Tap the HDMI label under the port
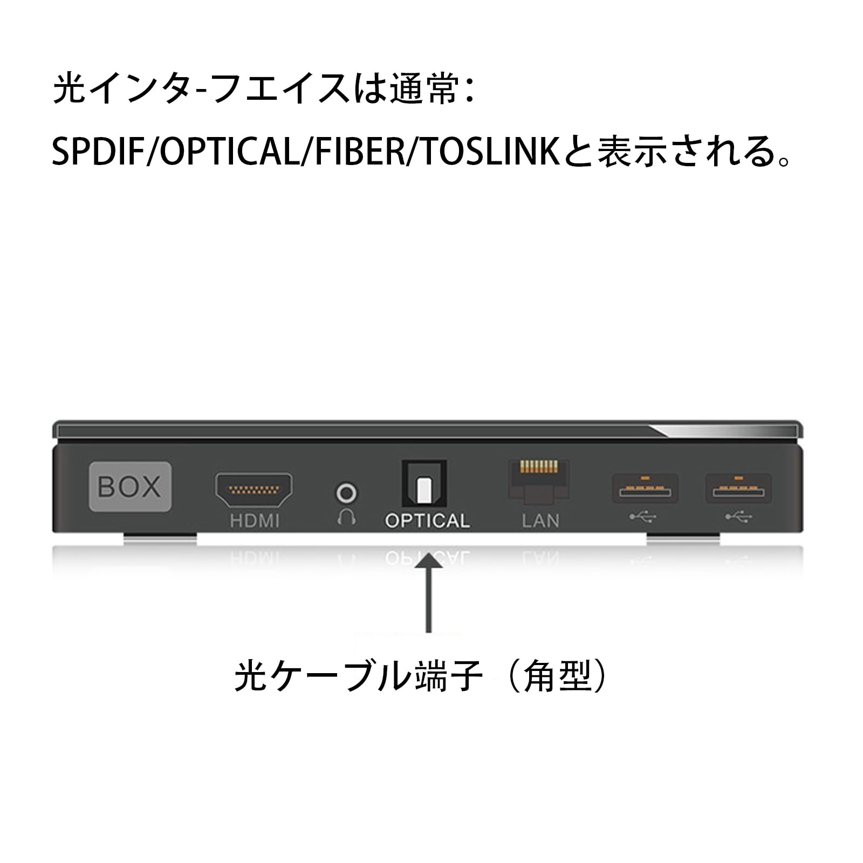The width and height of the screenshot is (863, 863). coord(255,521)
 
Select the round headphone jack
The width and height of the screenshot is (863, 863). coord(346,493)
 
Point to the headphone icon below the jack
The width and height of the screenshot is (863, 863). coord(346,517)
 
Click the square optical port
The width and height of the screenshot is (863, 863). coord(424,484)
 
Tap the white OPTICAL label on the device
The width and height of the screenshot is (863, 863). coord(427,521)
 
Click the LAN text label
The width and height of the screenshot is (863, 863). coord(540,521)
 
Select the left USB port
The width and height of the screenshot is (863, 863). coord(645,489)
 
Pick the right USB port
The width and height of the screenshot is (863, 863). coord(738,489)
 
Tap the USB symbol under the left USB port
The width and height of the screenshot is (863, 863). coord(643,517)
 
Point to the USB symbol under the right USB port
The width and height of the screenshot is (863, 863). coord(738,517)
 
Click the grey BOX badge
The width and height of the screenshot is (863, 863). coord(130,487)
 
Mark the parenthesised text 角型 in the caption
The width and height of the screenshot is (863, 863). coord(558,676)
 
